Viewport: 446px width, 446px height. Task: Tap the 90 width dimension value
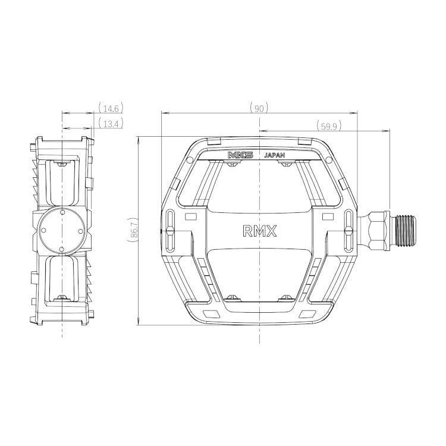(259, 109)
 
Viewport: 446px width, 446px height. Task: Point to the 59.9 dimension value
(329, 126)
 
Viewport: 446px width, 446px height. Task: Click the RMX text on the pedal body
(259, 231)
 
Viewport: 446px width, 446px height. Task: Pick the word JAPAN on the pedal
(275, 155)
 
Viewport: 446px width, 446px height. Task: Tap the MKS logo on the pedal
(241, 155)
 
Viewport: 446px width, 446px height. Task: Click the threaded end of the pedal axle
(406, 230)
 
